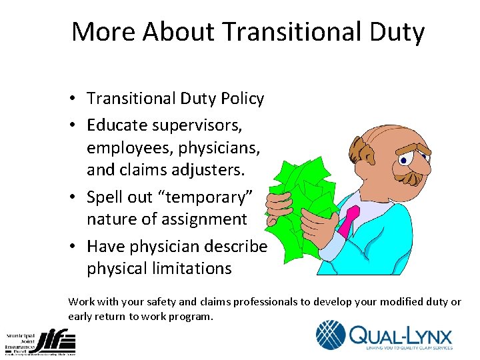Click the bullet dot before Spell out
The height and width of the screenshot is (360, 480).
77,197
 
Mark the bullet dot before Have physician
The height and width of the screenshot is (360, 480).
77,247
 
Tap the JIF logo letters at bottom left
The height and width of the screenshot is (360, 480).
58,341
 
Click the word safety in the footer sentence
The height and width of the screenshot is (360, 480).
155,302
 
